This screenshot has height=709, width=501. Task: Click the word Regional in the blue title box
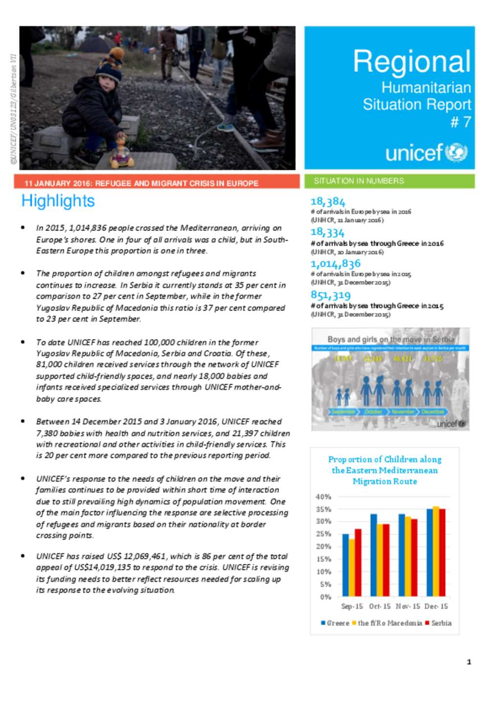pyautogui.click(x=411, y=62)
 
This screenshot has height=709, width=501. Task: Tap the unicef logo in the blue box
pyautogui.click(x=426, y=153)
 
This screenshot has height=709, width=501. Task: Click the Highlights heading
pyautogui.click(x=58, y=201)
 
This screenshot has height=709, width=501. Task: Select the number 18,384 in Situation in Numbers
pyautogui.click(x=328, y=202)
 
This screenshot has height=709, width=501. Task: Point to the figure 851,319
pyautogui.click(x=331, y=295)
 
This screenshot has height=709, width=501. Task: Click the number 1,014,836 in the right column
pyautogui.click(x=336, y=264)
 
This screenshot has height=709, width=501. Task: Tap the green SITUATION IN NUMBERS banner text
pyautogui.click(x=359, y=181)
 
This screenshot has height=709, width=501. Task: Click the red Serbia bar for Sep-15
pyautogui.click(x=358, y=562)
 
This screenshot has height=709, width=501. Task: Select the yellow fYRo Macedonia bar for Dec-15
pyautogui.click(x=436, y=551)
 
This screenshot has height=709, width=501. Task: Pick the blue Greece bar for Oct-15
pyautogui.click(x=374, y=555)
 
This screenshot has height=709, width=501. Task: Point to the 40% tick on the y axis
pyautogui.click(x=323, y=497)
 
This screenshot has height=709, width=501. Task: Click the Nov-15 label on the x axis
pyautogui.click(x=408, y=606)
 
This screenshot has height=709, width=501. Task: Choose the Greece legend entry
pyautogui.click(x=335, y=623)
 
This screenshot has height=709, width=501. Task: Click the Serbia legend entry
pyautogui.click(x=438, y=623)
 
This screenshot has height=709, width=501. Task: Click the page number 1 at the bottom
pyautogui.click(x=469, y=662)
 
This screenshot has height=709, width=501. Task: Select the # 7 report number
pyautogui.click(x=460, y=122)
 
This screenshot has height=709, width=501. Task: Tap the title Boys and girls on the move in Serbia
pyautogui.click(x=390, y=339)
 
